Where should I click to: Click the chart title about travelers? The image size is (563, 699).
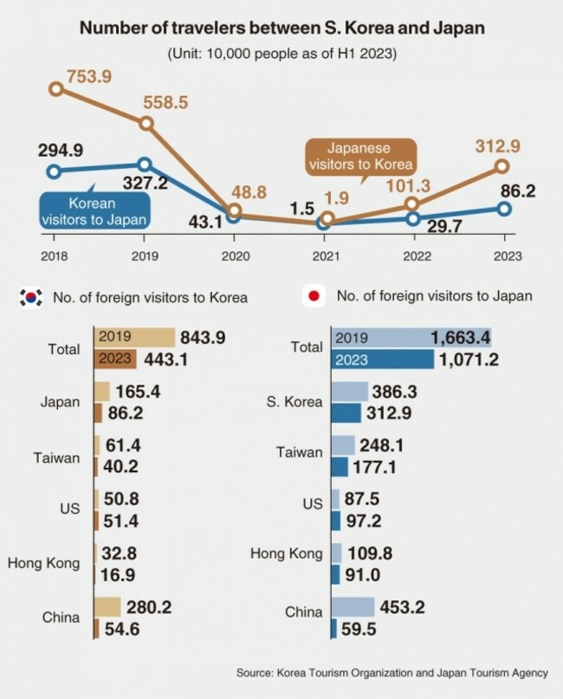click(x=281, y=29)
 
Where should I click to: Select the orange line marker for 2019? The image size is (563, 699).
click(x=146, y=124)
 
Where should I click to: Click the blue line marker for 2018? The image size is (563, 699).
click(x=54, y=172)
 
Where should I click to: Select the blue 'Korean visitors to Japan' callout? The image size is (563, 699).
click(x=94, y=210)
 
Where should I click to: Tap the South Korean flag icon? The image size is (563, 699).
click(x=31, y=297)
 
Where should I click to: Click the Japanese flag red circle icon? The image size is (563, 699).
click(x=314, y=296)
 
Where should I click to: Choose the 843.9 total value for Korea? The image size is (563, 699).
click(x=203, y=337)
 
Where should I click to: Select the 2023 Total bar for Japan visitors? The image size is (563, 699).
click(x=382, y=359)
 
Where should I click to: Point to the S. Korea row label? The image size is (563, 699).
click(x=294, y=402)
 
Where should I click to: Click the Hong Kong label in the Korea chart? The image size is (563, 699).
click(x=43, y=563)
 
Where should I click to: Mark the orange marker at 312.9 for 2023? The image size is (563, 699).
click(x=503, y=166)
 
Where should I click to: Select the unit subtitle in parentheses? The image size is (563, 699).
click(x=281, y=54)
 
